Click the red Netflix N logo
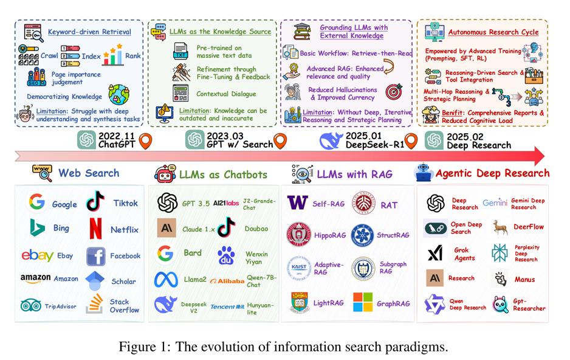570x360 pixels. click(96, 229)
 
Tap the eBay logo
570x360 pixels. click(38, 255)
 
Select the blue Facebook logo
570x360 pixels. click(96, 257)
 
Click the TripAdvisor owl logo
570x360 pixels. click(31, 305)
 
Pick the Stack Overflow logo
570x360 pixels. click(95, 303)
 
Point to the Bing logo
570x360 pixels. click(37, 228)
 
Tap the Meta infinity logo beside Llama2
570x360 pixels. click(166, 280)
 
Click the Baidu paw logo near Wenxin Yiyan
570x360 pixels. click(226, 255)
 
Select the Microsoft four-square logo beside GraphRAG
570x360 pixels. click(363, 302)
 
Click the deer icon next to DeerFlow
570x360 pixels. click(500, 227)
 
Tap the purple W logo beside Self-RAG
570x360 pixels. click(297, 202)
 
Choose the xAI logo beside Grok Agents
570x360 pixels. click(435, 253)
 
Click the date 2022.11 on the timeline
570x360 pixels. click(116, 136)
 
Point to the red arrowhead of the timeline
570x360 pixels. click(540, 156)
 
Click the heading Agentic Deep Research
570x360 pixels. click(492, 173)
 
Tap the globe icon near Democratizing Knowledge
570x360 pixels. click(118, 94)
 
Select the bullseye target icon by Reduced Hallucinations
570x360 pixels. click(394, 92)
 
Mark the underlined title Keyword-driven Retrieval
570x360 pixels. click(89, 32)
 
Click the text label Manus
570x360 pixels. click(524, 280)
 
